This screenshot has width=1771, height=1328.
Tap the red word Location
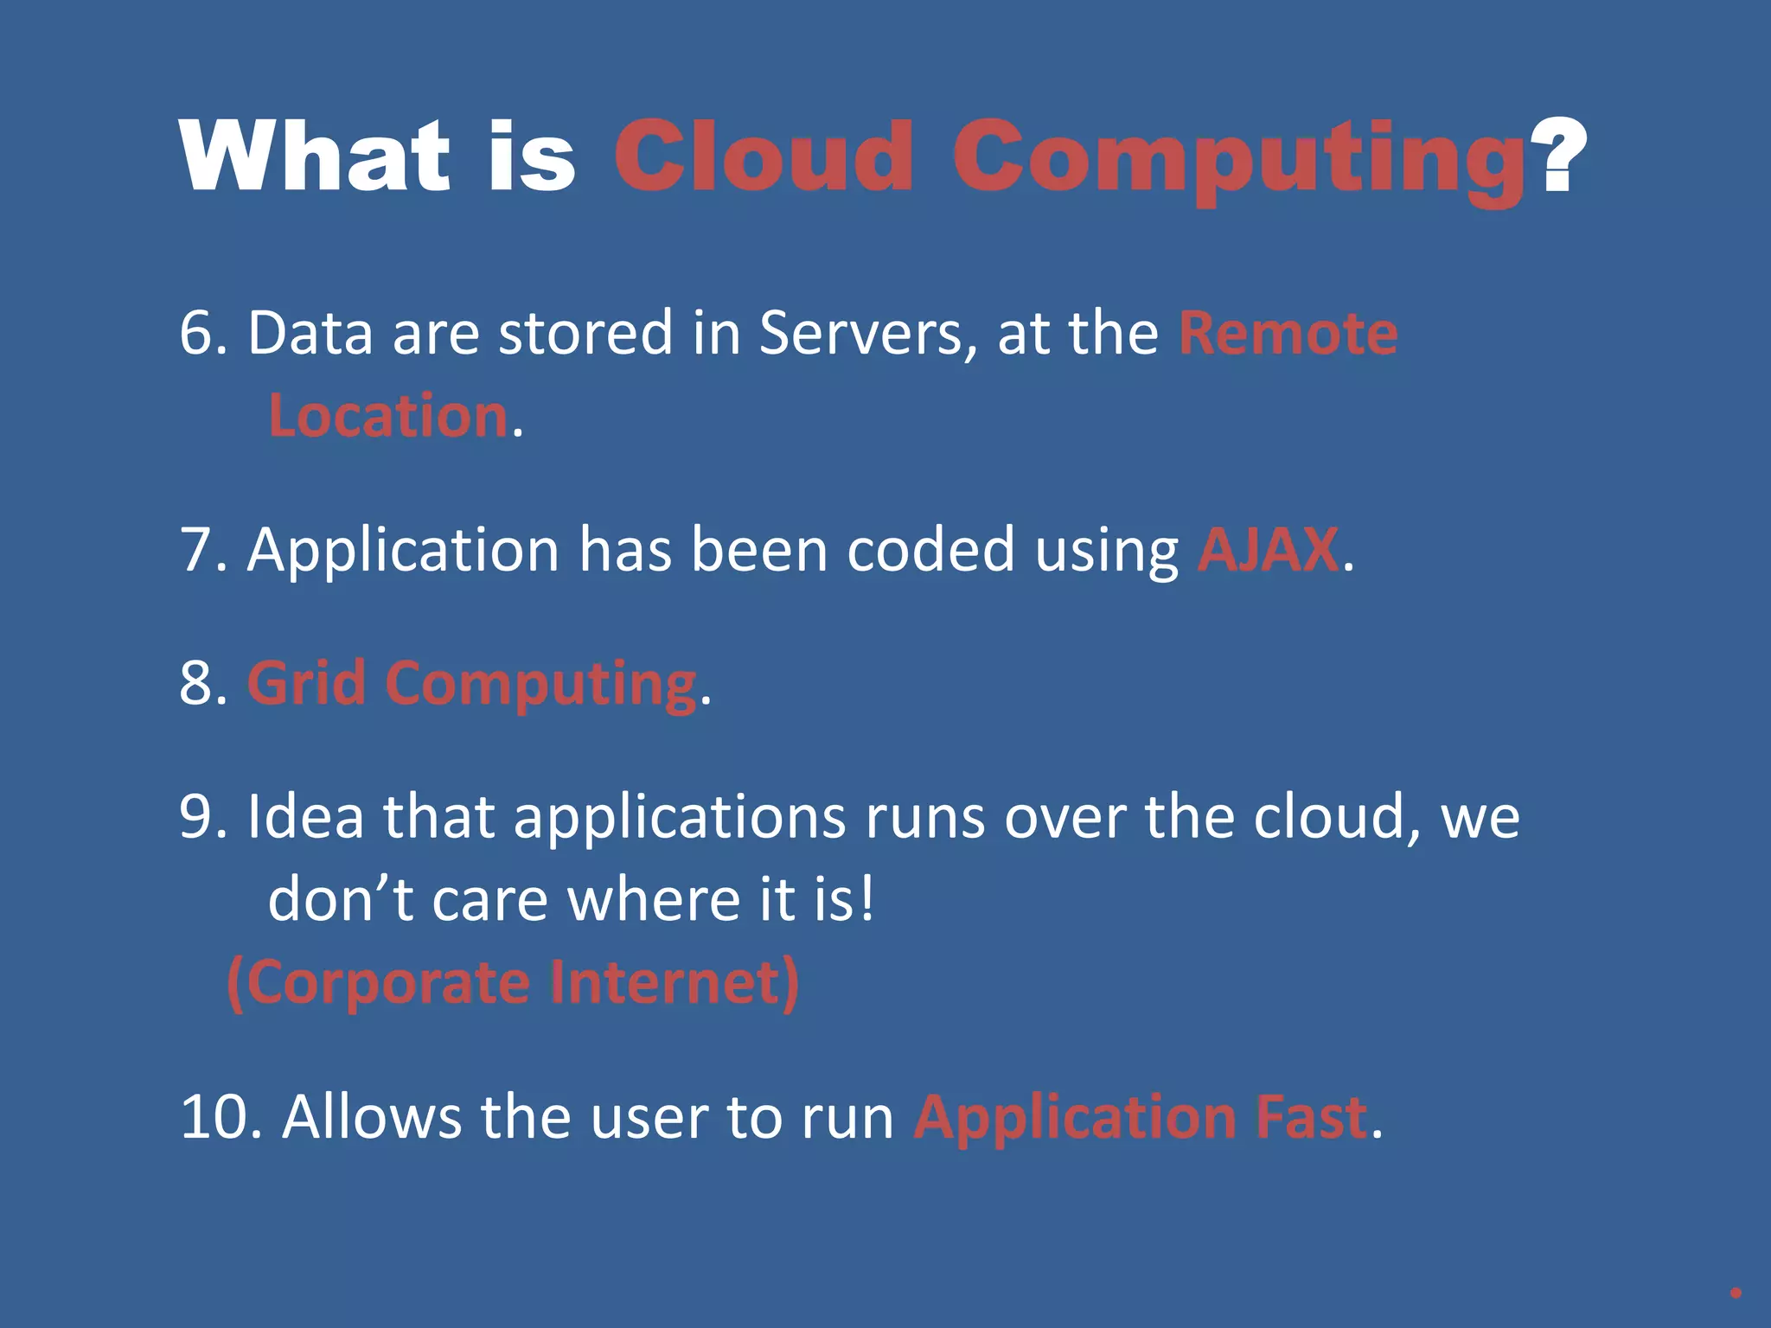point(388,416)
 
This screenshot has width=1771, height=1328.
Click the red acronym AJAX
point(1268,550)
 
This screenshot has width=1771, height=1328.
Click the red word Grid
point(306,683)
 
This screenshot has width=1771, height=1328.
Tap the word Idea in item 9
point(305,816)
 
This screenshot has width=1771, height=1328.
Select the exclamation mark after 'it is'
point(866,899)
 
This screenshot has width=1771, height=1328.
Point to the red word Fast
point(1311,1117)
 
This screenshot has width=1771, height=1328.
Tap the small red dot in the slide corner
point(1735,1293)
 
